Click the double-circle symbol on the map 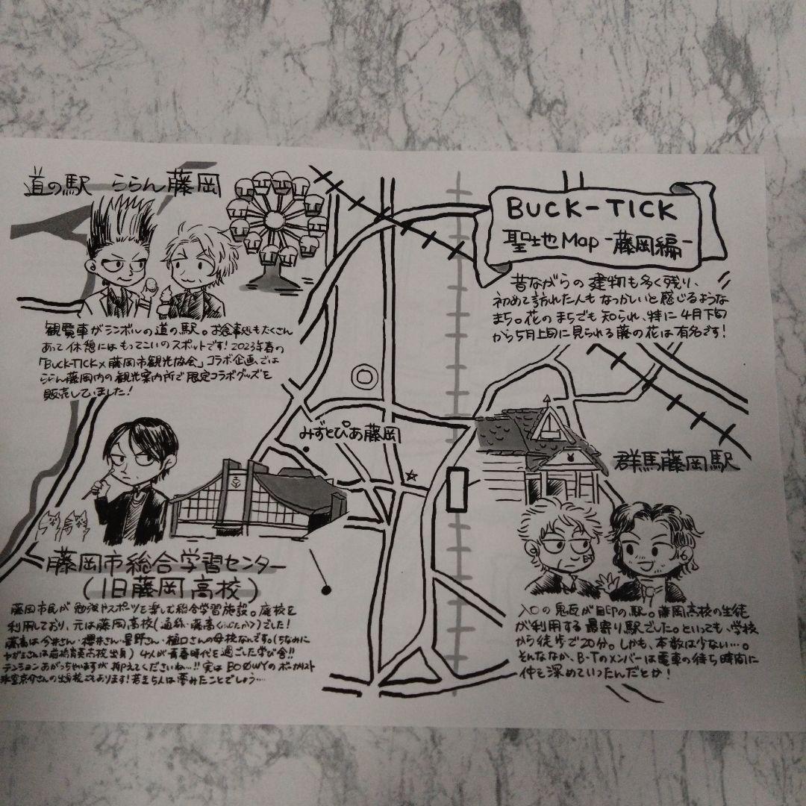tap(363, 373)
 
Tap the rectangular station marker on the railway tap(454, 490)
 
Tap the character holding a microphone tap(131, 478)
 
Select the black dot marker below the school tap(326, 591)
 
